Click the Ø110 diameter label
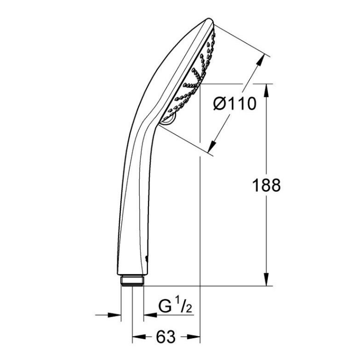pyautogui.click(x=234, y=104)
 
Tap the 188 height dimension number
pyautogui.click(x=266, y=185)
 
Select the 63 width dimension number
pyautogui.click(x=166, y=337)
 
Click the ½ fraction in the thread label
pyautogui.click(x=184, y=305)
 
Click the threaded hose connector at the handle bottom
pyautogui.click(x=132, y=280)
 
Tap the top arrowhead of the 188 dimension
pyautogui.click(x=266, y=90)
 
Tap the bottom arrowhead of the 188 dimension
pyautogui.click(x=266, y=279)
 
